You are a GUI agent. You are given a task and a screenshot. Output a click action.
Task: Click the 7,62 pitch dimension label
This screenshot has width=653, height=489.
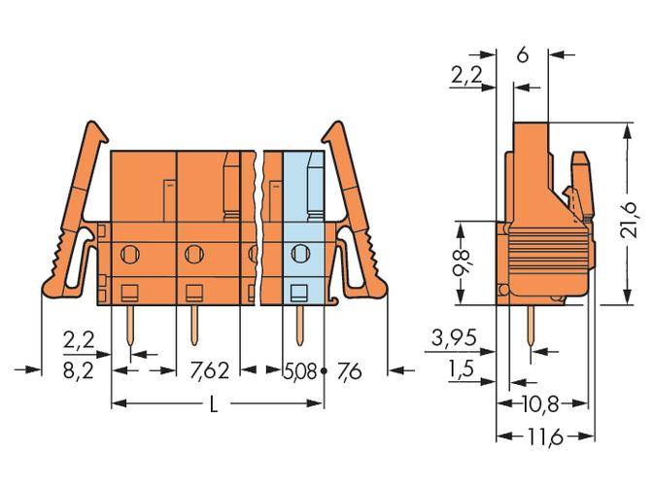pos(210,369)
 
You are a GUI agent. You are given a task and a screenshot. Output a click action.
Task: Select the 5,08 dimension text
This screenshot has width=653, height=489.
pos(299,369)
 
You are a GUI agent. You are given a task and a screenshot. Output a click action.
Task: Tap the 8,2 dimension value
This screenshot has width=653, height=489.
pos(77,369)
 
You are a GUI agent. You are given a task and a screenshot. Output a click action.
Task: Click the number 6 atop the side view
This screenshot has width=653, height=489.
pos(523,55)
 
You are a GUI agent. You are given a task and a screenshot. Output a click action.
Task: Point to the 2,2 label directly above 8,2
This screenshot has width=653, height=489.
pos(77,341)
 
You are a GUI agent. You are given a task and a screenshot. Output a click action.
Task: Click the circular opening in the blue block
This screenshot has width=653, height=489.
pos(299,255)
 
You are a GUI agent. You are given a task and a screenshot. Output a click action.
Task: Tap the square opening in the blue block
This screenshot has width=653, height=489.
pos(299,292)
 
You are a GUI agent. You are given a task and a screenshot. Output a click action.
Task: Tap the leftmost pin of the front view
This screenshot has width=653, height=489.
pos(129,326)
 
